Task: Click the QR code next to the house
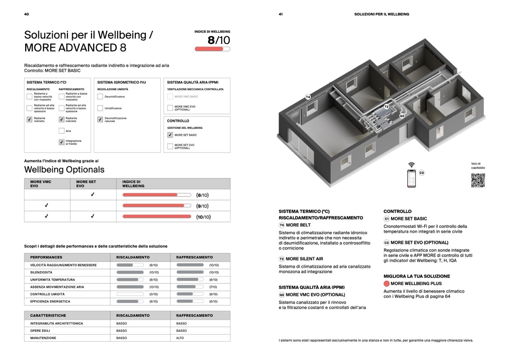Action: point(478,180)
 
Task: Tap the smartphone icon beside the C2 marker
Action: point(411,178)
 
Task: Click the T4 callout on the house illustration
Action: point(308,97)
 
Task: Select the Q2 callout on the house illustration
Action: point(402,116)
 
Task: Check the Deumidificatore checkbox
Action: point(100,97)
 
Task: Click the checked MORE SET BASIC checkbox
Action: point(170,135)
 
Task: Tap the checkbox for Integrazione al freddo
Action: point(62,142)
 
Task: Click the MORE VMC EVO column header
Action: point(41,184)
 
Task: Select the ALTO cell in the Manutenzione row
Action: point(180,338)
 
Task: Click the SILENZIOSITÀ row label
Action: point(41,273)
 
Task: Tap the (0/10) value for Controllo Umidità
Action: point(154,294)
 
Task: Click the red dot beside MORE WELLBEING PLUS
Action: point(386,284)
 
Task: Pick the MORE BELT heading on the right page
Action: point(298,225)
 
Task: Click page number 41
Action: point(281,14)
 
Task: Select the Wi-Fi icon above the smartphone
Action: point(411,165)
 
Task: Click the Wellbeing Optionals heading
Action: point(64,170)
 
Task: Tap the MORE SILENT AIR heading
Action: point(304,259)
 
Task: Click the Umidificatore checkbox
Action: point(100,108)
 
